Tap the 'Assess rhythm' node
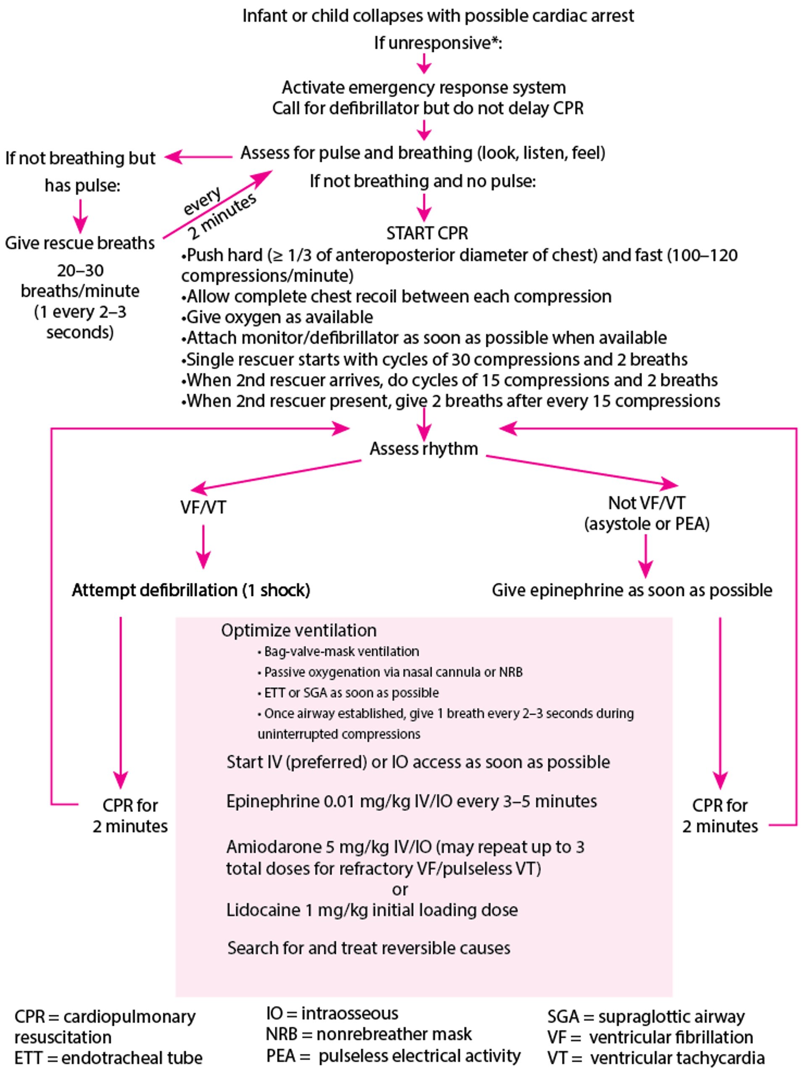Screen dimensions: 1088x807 (424, 448)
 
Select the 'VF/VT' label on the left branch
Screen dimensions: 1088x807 (203, 507)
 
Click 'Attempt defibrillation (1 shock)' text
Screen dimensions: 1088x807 (190, 590)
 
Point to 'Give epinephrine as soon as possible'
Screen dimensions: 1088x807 (632, 590)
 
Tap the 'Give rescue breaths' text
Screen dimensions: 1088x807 (79, 243)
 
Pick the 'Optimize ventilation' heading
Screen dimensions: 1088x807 (298, 630)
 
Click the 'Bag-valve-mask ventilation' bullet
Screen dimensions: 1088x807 (340, 651)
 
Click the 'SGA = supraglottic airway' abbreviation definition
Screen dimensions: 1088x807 (645, 1017)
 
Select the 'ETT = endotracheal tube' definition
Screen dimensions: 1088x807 (108, 1058)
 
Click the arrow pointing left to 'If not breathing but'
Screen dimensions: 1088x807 (198, 157)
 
